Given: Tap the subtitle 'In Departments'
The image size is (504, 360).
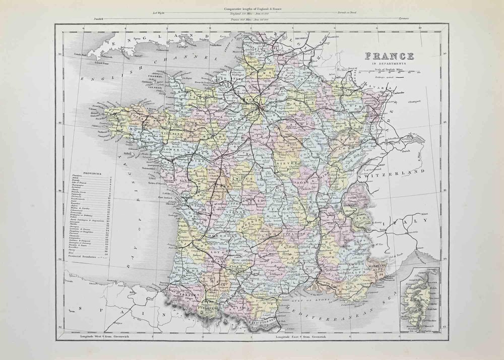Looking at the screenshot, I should pyautogui.click(x=390, y=64).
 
